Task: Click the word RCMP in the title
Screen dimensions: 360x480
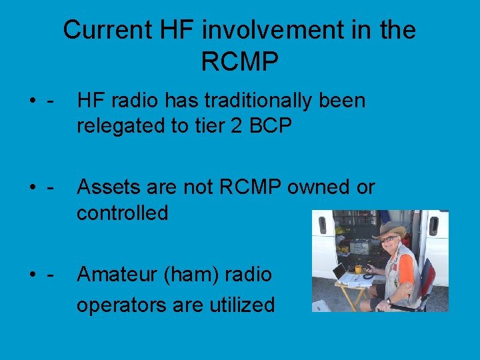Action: [239, 62]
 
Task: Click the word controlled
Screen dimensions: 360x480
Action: [123, 213]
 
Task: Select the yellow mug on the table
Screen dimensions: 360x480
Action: [357, 270]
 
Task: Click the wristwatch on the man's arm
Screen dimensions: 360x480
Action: [389, 301]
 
